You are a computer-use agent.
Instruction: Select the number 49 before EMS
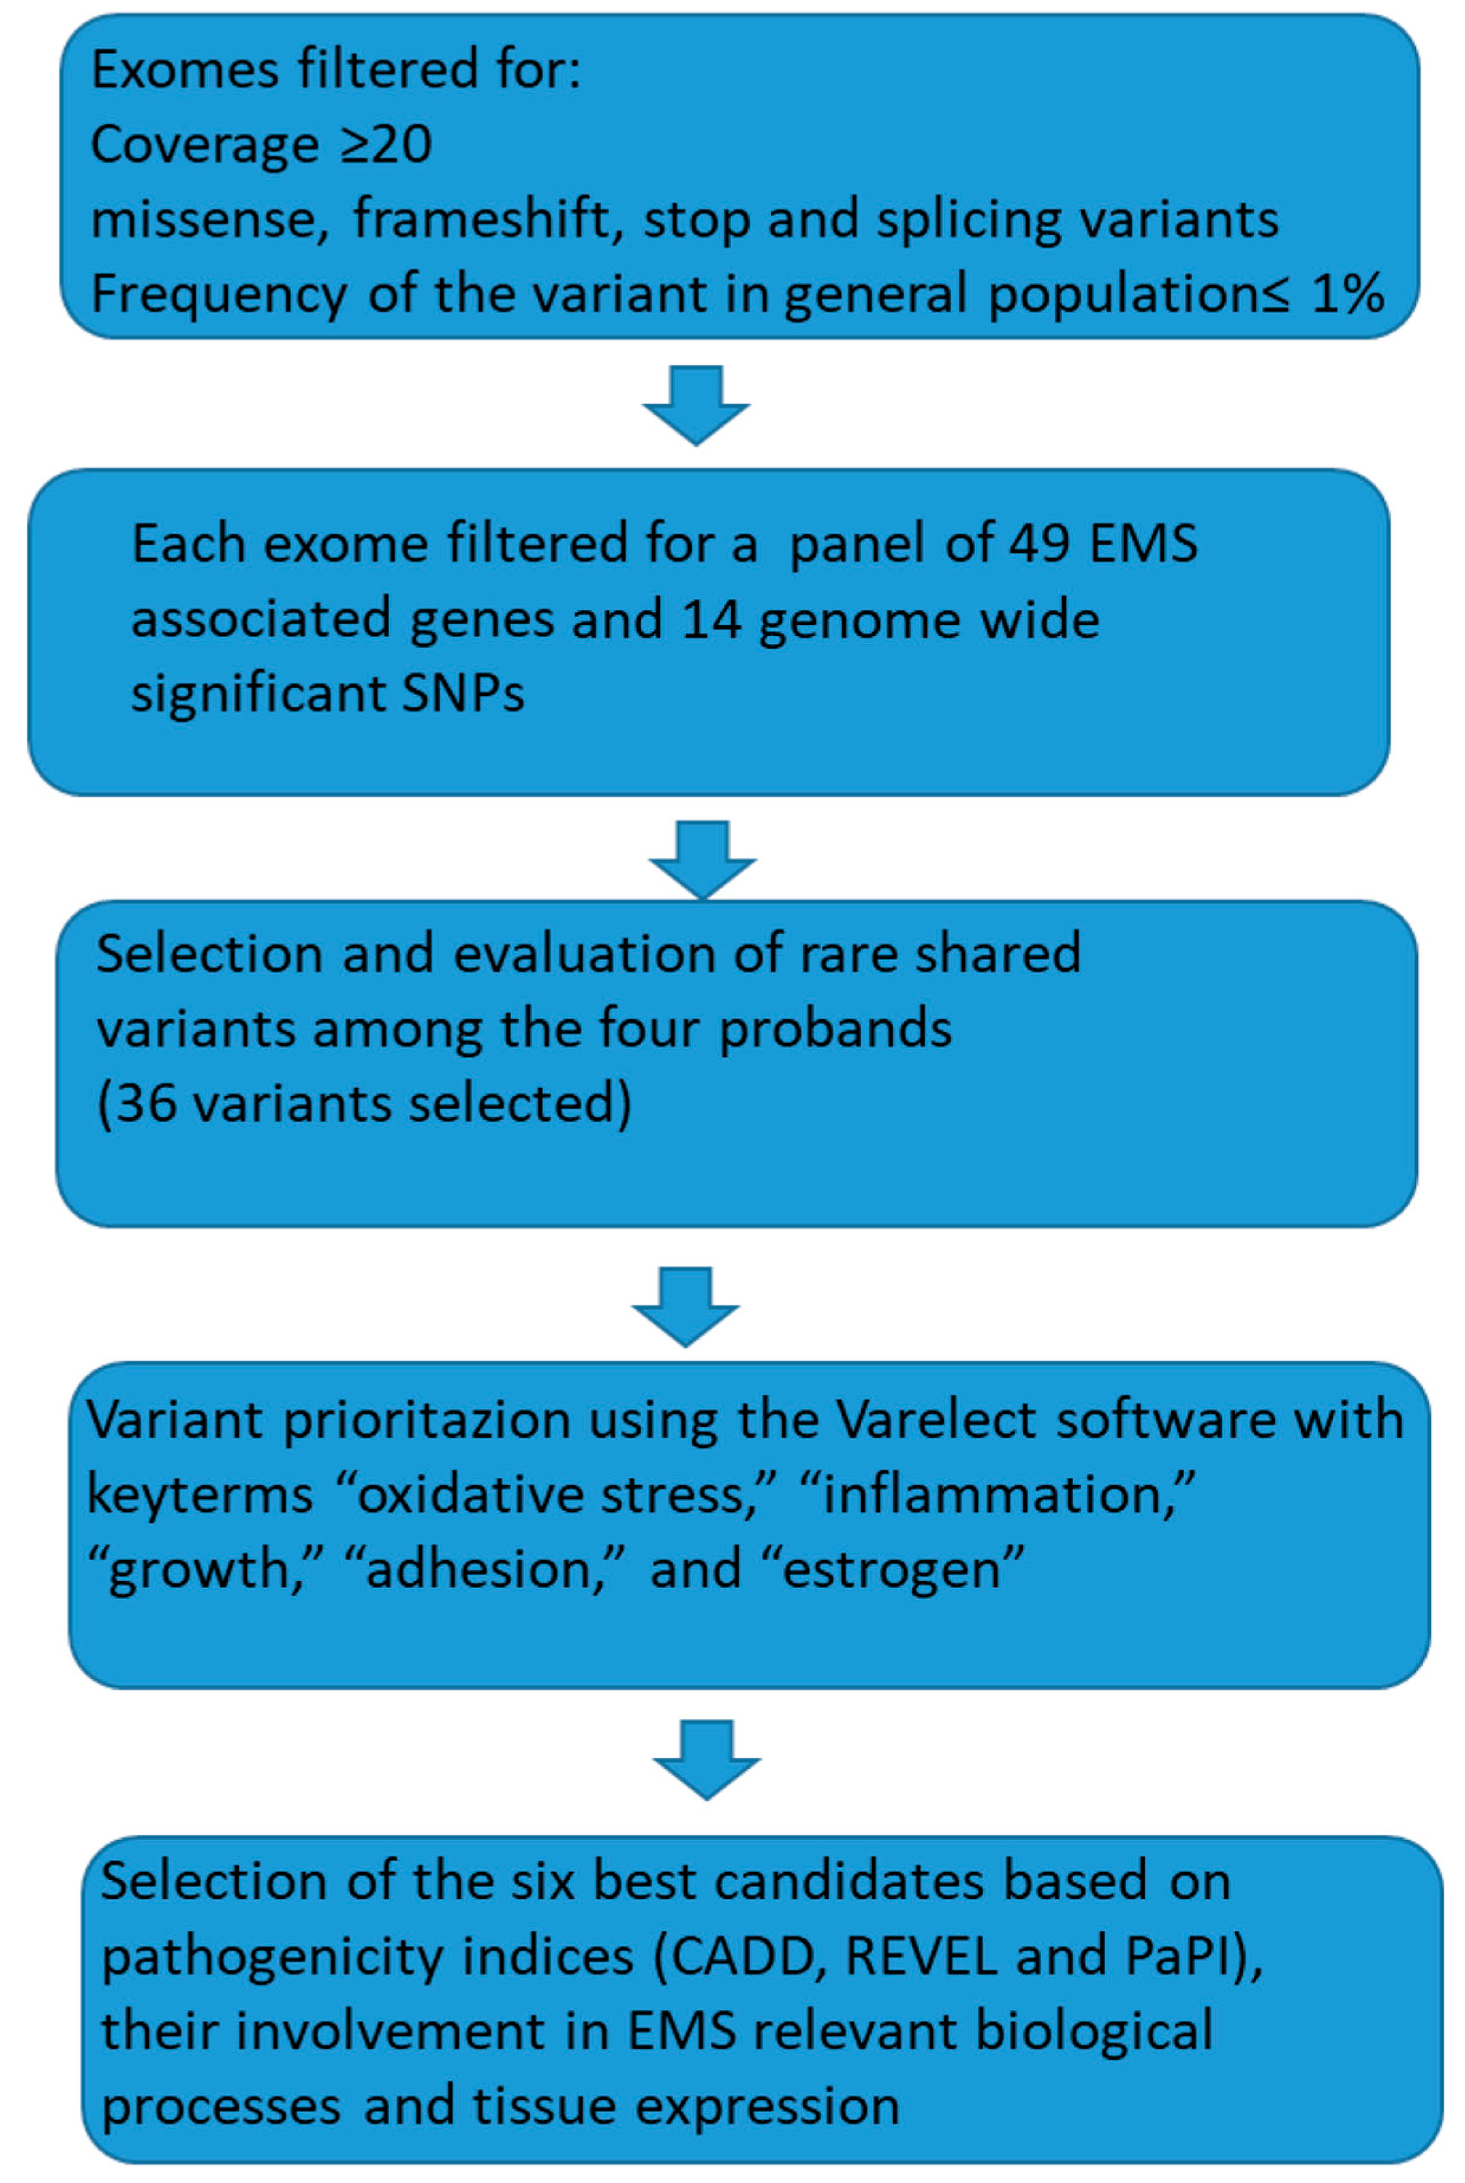(x=1039, y=543)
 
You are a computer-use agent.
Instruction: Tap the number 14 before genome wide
(x=711, y=618)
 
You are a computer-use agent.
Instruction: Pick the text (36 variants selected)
(x=365, y=1103)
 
